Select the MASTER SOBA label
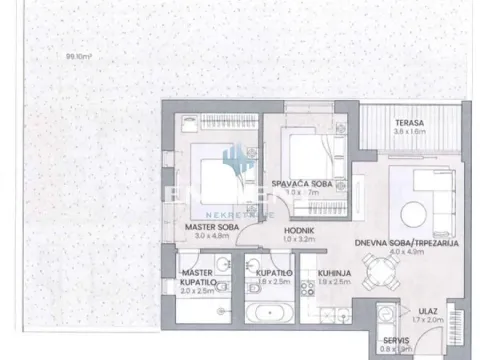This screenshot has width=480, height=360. click(x=209, y=228)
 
